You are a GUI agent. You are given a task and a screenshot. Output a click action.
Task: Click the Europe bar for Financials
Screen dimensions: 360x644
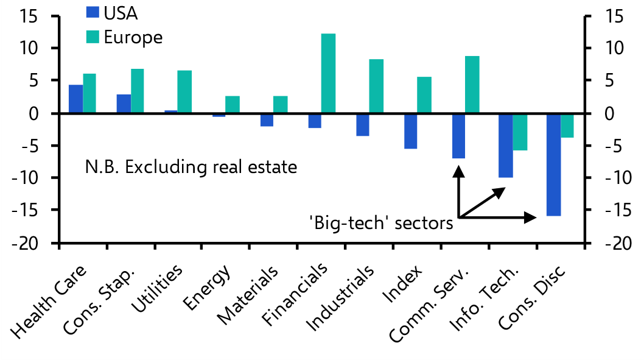click(328, 73)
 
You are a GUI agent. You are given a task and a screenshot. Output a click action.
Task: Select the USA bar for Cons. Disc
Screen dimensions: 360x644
click(553, 164)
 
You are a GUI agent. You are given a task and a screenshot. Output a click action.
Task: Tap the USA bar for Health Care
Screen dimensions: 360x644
click(75, 99)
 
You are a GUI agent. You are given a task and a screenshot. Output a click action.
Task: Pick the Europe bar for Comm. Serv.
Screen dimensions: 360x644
click(472, 85)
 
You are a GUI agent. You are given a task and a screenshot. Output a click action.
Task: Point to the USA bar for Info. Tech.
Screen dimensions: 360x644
click(506, 146)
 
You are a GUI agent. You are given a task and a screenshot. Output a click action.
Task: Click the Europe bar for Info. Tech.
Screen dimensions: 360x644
click(520, 132)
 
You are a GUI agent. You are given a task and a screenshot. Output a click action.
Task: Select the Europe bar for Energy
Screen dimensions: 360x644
click(233, 105)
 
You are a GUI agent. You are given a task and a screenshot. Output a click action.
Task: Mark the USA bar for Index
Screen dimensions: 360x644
click(410, 131)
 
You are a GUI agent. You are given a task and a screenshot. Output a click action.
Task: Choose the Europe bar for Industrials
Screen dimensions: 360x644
click(376, 86)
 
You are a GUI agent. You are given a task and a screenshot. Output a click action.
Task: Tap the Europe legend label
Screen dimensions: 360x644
click(133, 37)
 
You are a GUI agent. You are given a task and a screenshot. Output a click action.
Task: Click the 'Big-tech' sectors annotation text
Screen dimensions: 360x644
click(381, 224)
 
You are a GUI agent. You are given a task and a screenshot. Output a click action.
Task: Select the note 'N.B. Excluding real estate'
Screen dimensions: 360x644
click(191, 166)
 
